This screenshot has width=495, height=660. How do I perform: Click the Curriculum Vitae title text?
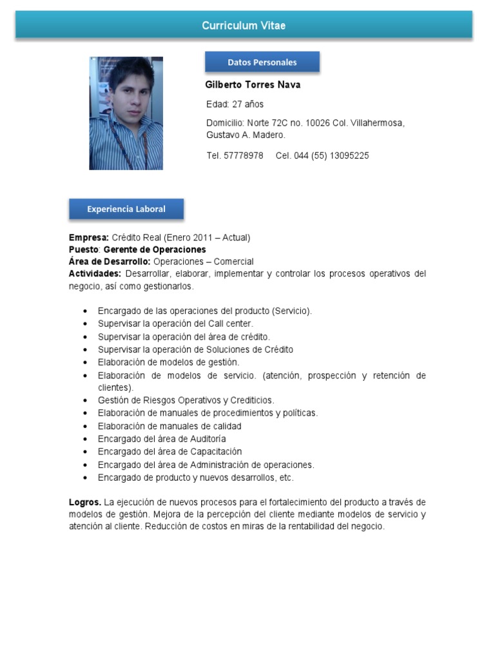click(x=244, y=26)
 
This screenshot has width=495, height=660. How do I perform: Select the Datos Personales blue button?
click(x=262, y=63)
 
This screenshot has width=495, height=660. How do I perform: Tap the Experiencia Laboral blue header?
click(x=126, y=209)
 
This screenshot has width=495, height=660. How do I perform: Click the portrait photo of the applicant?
click(x=126, y=113)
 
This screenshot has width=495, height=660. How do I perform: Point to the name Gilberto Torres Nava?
click(x=253, y=85)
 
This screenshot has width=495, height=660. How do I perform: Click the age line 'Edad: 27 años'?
click(x=235, y=104)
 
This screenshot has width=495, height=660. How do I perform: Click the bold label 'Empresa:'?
click(x=89, y=237)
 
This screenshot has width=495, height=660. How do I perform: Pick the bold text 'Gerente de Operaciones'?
click(x=155, y=249)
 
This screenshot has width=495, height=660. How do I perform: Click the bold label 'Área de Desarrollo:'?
click(x=110, y=262)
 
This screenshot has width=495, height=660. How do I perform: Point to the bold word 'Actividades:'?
click(x=95, y=274)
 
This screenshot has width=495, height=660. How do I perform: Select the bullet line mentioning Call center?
click(x=175, y=324)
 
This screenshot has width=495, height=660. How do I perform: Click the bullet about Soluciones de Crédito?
click(x=195, y=349)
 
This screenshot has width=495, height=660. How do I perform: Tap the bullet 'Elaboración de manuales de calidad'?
click(x=170, y=426)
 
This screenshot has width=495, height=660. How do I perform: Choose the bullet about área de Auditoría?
click(x=162, y=439)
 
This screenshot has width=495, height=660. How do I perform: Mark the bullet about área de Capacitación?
click(x=170, y=452)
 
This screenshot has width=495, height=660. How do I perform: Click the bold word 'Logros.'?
click(x=85, y=502)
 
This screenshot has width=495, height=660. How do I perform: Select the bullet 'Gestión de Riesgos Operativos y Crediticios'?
click(x=186, y=400)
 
